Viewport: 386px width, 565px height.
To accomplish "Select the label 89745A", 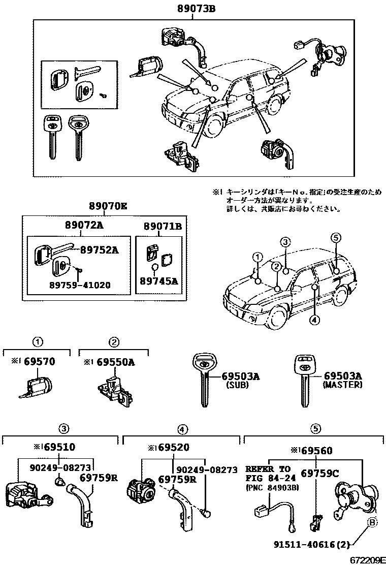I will click(158, 280).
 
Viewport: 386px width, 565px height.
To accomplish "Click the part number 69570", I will click(40, 362).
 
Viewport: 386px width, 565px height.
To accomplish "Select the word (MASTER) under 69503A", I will click(343, 385).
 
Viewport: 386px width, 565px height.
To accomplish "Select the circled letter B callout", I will click(372, 523).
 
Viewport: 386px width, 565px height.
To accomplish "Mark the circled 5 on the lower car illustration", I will click(335, 237).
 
